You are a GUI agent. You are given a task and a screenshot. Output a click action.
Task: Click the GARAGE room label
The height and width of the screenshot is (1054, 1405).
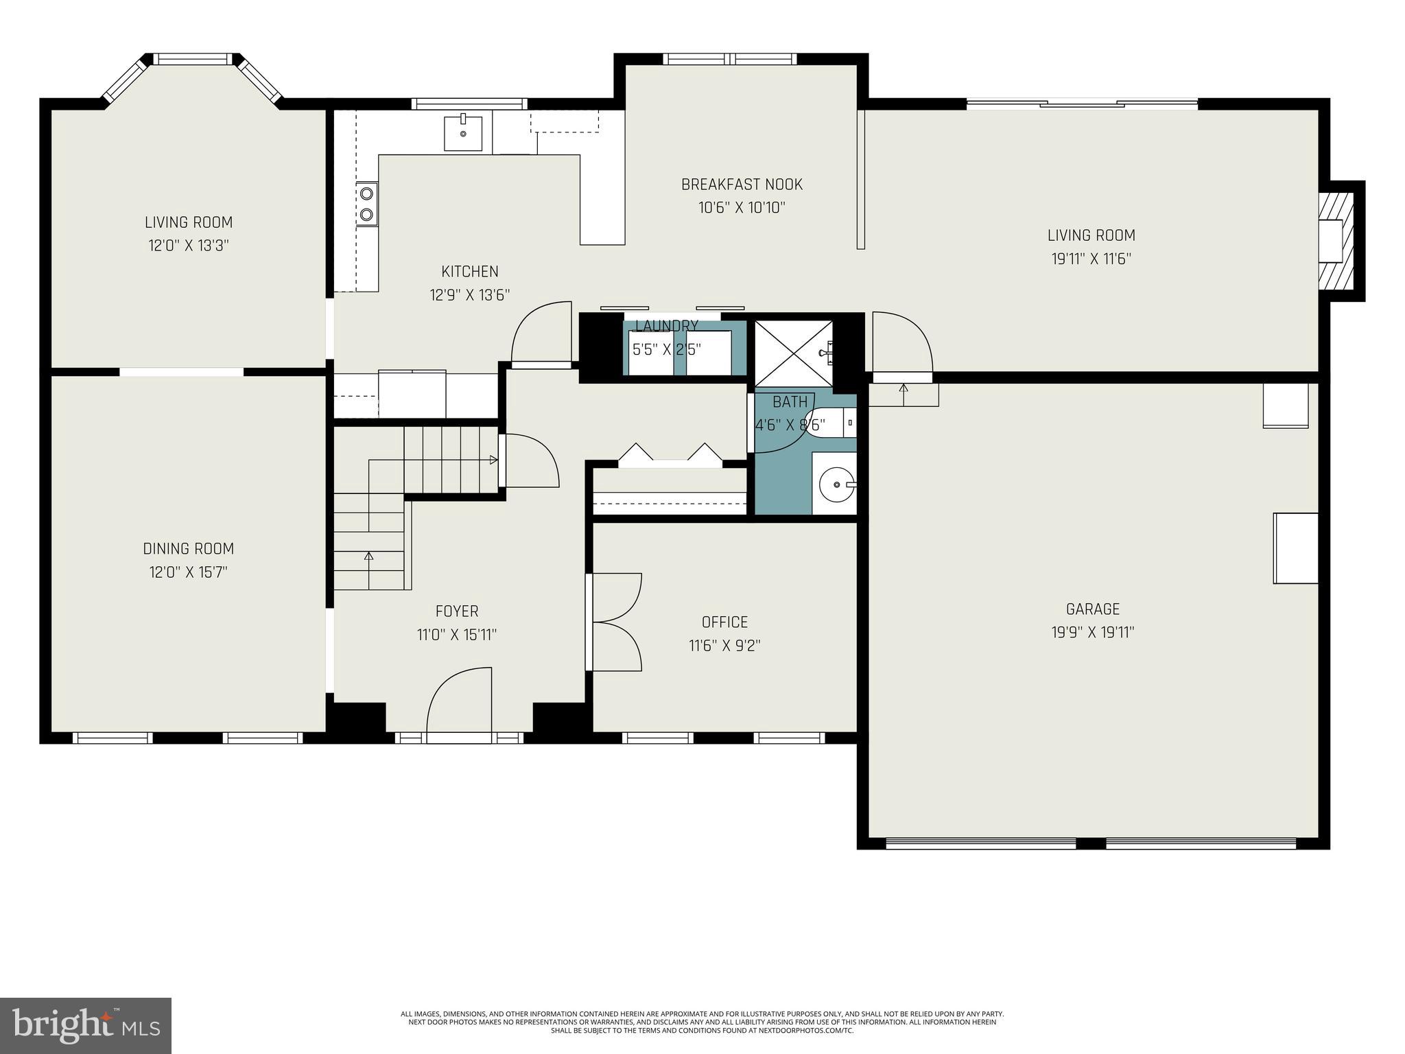coord(1092,609)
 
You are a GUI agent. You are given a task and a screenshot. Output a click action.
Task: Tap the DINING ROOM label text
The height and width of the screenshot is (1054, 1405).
coord(188,549)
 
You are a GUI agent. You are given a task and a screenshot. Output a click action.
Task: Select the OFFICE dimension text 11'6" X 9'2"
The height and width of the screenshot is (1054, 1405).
coord(724,646)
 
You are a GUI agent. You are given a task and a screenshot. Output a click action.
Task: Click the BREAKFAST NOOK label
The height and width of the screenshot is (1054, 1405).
coord(742,185)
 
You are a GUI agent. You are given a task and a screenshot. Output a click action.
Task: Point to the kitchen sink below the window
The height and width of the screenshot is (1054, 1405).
coord(463,133)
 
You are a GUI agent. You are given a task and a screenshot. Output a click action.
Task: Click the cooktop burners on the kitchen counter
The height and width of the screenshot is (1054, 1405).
coord(367,204)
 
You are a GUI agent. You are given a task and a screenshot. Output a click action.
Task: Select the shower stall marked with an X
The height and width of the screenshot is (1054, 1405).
coord(792,353)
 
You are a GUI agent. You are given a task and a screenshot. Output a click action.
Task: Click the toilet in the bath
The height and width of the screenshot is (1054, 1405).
coord(829,422)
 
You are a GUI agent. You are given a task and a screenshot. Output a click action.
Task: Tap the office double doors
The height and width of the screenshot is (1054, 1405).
coord(615,622)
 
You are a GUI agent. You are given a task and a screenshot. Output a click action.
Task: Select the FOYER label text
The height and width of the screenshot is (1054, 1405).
coord(457,611)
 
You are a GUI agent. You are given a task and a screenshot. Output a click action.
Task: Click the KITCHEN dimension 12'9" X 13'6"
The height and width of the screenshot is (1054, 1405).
coord(470,295)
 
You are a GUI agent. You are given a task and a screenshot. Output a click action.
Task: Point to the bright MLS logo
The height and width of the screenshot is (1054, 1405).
coord(86,1025)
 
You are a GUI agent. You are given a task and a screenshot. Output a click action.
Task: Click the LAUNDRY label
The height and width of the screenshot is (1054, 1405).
coord(667,326)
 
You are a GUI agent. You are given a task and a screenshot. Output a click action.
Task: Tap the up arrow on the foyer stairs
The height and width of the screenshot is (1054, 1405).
coord(368,557)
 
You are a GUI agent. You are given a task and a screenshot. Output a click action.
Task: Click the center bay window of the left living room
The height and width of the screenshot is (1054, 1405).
coord(193,60)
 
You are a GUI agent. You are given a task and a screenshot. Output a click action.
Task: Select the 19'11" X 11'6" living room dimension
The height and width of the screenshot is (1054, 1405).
coord(1091,259)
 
